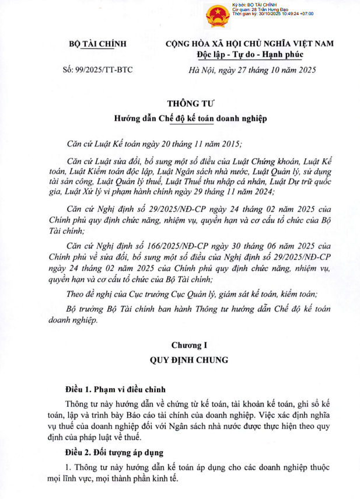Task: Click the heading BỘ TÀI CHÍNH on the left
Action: [x=97, y=44]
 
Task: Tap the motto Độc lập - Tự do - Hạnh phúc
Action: [x=250, y=55]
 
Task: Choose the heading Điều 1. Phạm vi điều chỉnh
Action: [x=116, y=389]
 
